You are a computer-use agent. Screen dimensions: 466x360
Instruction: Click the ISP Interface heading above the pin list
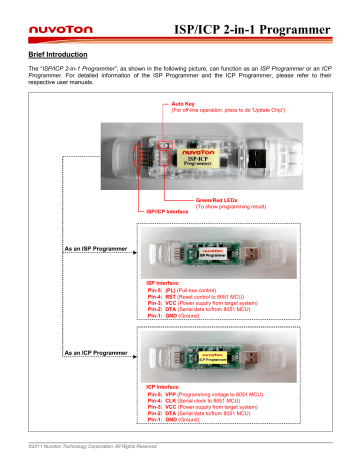point(168,284)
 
